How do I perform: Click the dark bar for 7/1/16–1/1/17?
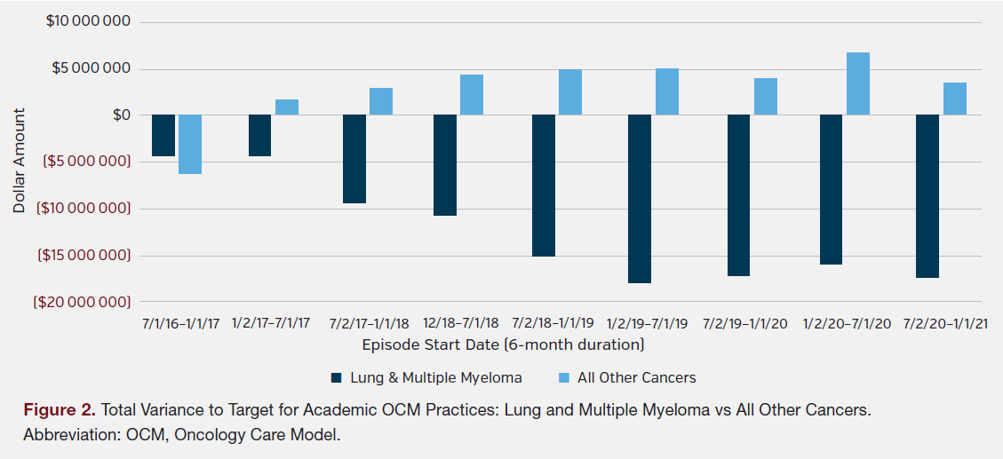163,136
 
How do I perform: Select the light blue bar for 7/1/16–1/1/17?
190,144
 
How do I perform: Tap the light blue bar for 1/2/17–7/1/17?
287,107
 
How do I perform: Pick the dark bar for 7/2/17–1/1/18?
354,159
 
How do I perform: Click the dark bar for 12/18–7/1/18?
445,165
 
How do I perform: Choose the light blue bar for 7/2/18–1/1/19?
570,92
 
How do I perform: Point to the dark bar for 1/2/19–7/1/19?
640,199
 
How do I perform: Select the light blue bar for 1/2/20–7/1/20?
858,83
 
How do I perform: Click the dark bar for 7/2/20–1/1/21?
927,196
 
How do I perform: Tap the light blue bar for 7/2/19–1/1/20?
766,97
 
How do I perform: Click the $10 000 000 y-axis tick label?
88,21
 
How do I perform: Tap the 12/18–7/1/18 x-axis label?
459,323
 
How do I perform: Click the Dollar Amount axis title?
20,160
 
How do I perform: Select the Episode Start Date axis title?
503,344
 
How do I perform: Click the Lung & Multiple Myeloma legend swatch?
337,377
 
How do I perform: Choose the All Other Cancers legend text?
636,377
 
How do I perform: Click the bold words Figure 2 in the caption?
60,410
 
